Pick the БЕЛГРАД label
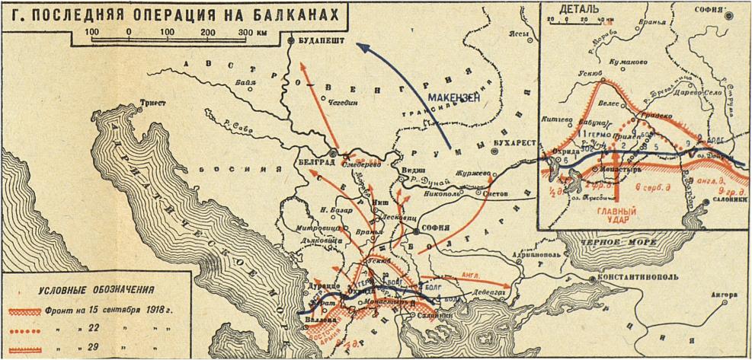pyautogui.click(x=313, y=163)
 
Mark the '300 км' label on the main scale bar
pyautogui.click(x=252, y=33)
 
